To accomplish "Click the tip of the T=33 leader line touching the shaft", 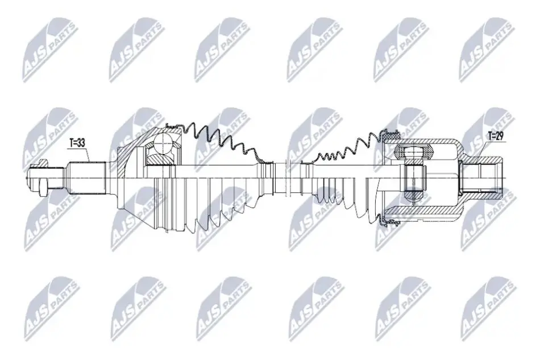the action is [90, 162].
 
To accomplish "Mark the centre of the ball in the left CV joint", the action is [164, 143].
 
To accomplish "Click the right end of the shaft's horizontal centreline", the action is [508, 178].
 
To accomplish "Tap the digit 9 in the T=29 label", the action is [501, 136].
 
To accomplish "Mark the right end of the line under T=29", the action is [504, 141].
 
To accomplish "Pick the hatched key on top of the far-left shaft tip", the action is [43, 162].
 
